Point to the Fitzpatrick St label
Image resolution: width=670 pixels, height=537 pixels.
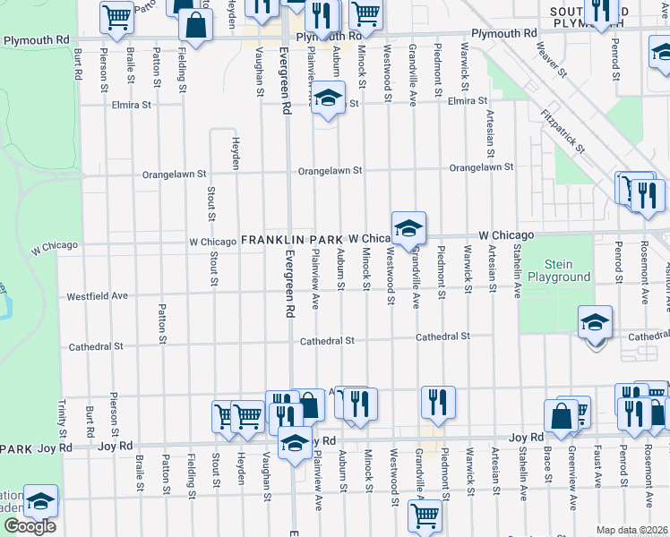pyautogui.click(x=563, y=131)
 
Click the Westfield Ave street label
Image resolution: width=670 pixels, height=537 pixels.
pyautogui.click(x=97, y=295)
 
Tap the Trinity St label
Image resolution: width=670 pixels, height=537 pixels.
pyautogui.click(x=64, y=413)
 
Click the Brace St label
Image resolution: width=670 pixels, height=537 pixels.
pyautogui.click(x=546, y=466)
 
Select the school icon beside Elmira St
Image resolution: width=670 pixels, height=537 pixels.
pyautogui.click(x=328, y=98)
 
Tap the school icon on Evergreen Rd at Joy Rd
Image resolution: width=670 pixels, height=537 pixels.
pyautogui.click(x=295, y=442)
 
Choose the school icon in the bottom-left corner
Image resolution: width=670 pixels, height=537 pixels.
pyautogui.click(x=40, y=501)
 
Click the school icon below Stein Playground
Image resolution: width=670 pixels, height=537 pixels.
pyautogui.click(x=595, y=323)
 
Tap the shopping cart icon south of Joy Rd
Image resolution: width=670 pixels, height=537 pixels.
pyautogui.click(x=425, y=516)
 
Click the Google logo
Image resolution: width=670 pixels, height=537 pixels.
pyautogui.click(x=30, y=525)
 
